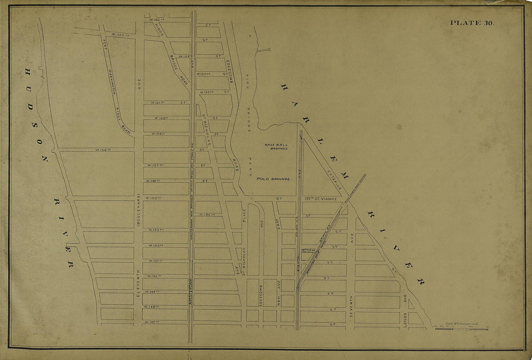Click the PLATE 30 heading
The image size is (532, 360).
coord(472,23)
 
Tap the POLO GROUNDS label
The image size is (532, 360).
coord(273,179)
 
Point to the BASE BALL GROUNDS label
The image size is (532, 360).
coord(276,147)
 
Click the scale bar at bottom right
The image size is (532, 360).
coord(461,329)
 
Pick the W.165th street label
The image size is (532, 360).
coord(120,35)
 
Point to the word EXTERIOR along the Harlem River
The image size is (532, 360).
coord(334,180)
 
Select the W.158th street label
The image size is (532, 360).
coord(104,150)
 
